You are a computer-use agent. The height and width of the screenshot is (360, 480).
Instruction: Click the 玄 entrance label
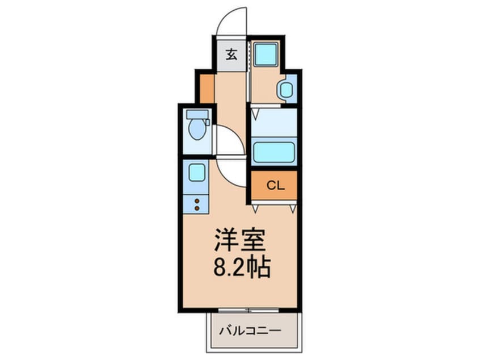231,55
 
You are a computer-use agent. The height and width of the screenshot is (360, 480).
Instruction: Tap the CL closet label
273,185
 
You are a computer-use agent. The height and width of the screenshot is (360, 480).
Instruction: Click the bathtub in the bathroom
273,153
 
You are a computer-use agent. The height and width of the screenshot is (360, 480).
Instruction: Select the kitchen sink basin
196,172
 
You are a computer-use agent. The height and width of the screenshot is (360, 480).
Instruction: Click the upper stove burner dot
197,200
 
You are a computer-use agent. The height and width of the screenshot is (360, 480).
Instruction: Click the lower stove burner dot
197,208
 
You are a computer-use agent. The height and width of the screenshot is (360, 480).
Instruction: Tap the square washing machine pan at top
265,55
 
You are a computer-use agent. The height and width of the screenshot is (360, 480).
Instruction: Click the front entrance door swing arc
231,22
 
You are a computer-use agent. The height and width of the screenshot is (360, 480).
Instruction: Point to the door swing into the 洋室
231,172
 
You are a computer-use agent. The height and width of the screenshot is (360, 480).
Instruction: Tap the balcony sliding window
249,310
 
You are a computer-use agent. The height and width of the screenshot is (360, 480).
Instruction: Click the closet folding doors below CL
274,206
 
